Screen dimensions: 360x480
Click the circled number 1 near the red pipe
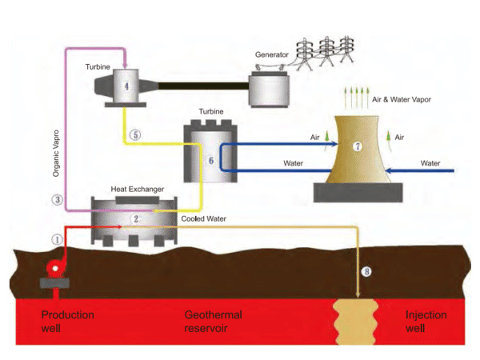57,238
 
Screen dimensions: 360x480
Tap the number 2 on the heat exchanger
136,217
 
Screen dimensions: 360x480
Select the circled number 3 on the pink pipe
57,199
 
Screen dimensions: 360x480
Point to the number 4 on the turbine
126,83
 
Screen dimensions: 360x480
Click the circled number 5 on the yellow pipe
136,135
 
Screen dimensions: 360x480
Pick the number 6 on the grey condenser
210,160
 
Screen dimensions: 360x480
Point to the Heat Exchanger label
138,190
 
